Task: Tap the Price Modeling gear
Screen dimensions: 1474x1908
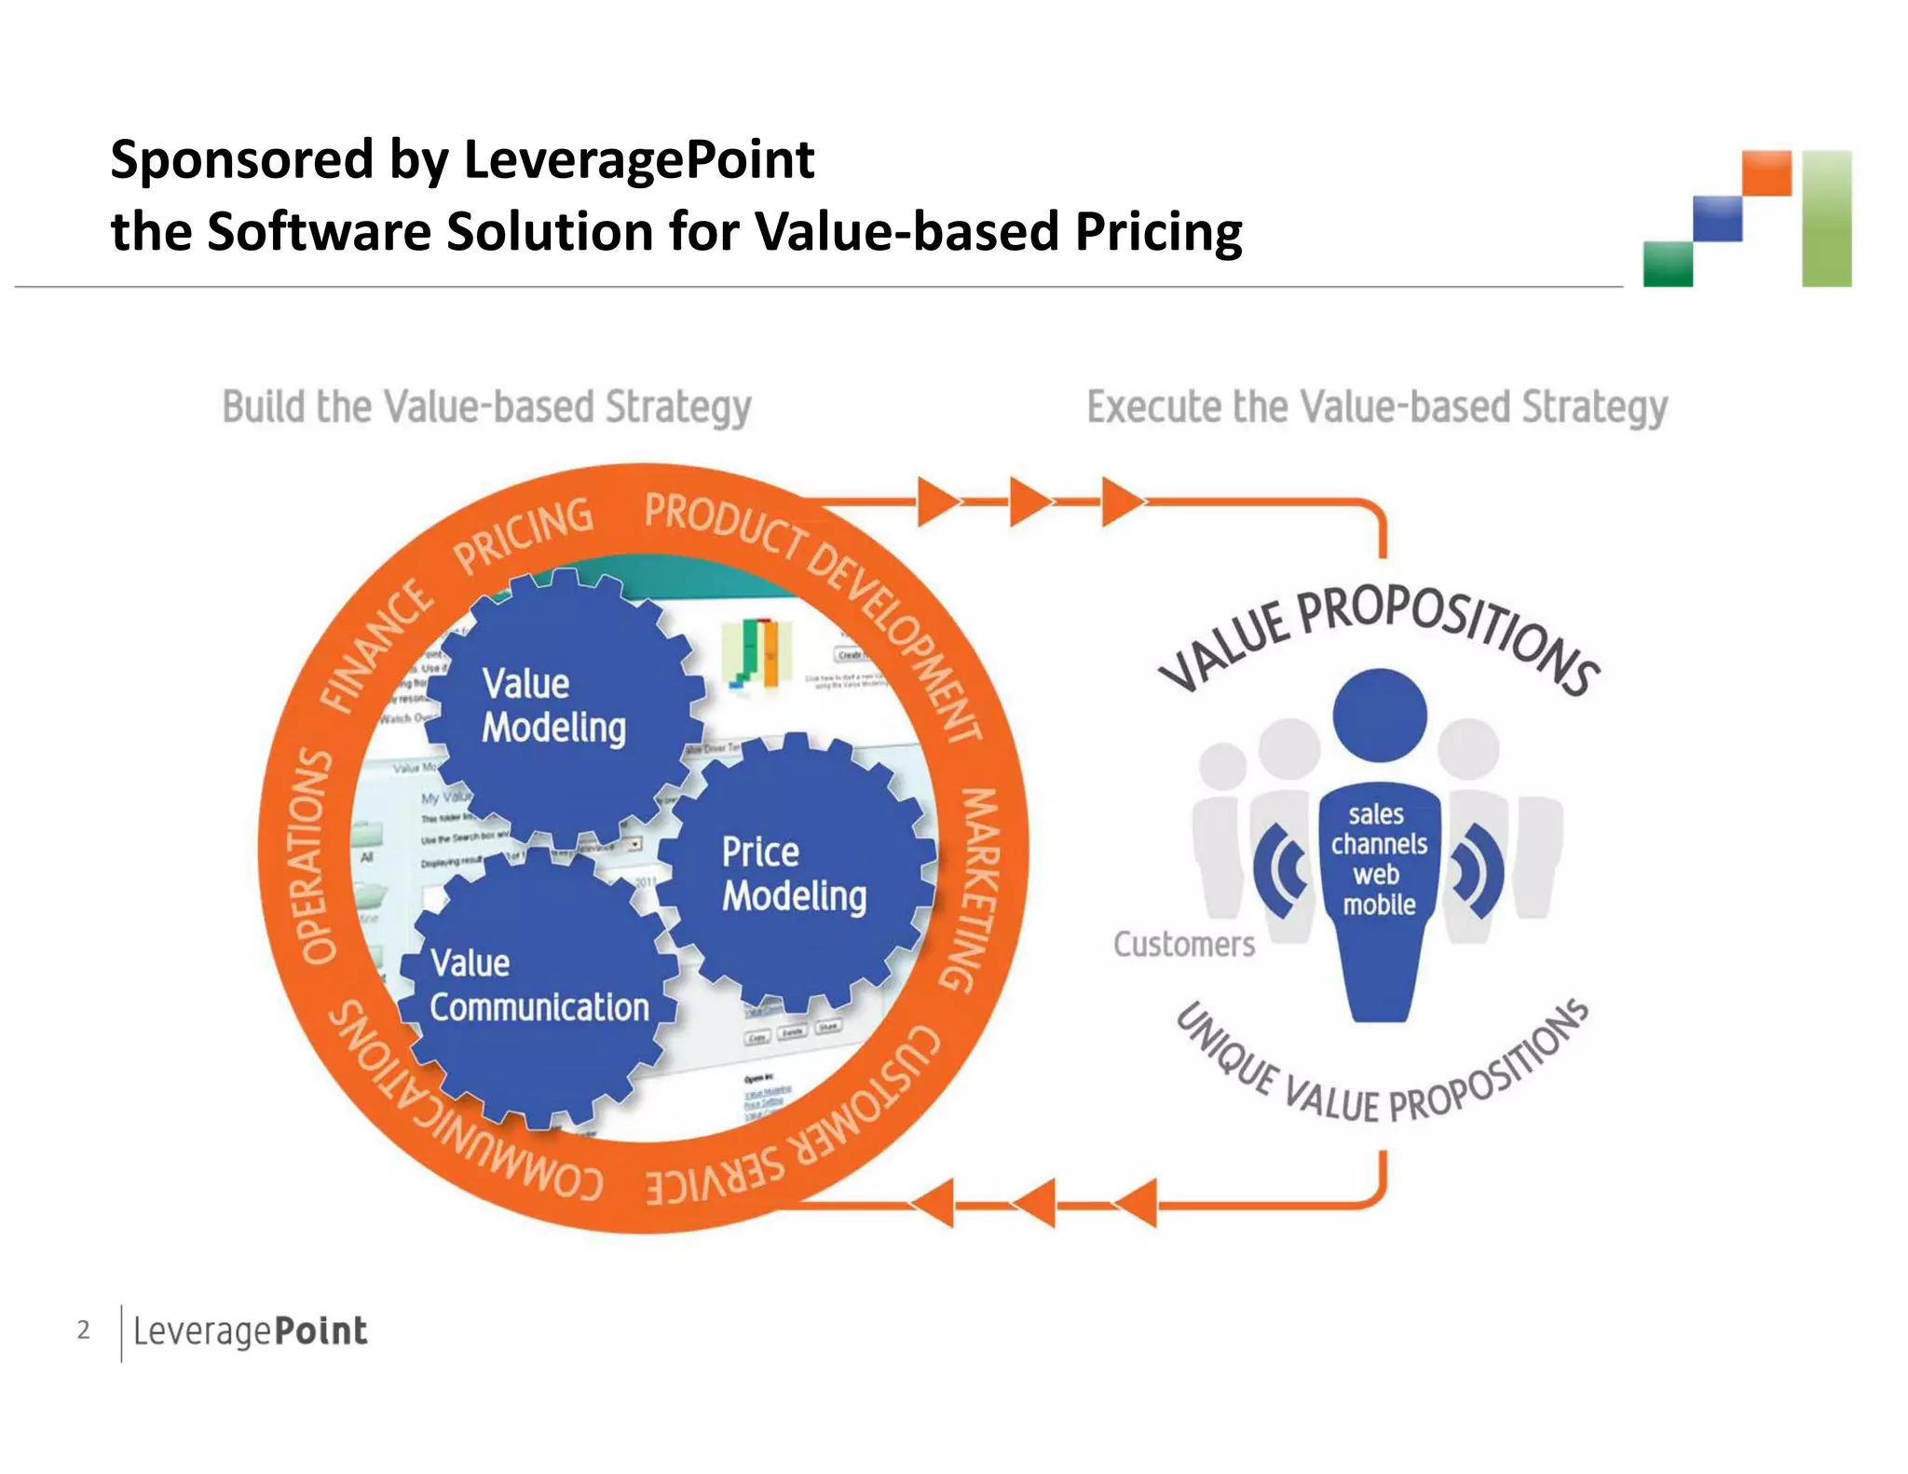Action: click(795, 873)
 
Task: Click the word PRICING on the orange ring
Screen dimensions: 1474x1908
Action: click(523, 536)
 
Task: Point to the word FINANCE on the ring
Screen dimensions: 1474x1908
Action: click(376, 647)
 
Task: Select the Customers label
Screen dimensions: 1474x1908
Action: click(1184, 944)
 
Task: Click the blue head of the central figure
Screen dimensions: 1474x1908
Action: click(1379, 715)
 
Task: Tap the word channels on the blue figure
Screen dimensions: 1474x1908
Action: click(1379, 844)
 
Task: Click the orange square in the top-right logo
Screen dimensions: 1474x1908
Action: click(1766, 173)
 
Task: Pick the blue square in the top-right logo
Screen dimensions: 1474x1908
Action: click(1717, 219)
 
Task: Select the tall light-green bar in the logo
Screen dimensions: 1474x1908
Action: click(1826, 218)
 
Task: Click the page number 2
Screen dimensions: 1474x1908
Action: click(84, 1330)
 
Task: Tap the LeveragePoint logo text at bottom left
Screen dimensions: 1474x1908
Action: click(250, 1331)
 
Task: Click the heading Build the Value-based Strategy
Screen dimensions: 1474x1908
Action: click(486, 407)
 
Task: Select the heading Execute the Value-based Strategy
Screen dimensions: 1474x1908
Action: click(1377, 407)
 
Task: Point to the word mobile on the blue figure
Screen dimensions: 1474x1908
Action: click(1379, 905)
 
